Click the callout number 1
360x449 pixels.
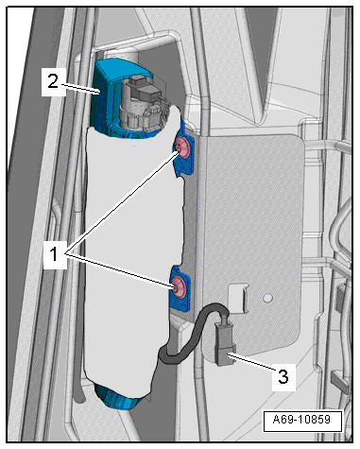pos(54,254)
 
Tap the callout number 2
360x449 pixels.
pos(53,81)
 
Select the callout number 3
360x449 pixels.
pos(283,376)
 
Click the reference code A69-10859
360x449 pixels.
pos(302,420)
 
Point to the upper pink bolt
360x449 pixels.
pos(182,147)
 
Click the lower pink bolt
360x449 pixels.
pos(179,285)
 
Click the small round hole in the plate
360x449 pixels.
pos(267,298)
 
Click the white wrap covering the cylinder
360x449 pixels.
pos(132,252)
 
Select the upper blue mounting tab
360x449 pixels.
pos(185,148)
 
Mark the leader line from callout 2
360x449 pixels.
pos(79,88)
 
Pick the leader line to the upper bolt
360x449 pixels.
pos(122,202)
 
